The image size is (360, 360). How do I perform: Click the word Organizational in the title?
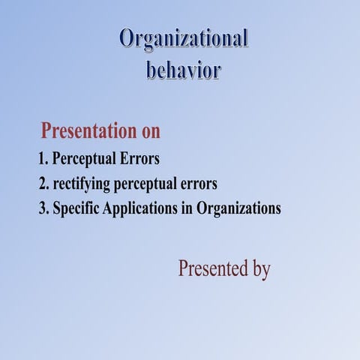pos(184,39)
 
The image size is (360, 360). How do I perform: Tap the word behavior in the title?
pos(183,70)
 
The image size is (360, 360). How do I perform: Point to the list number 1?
pos(43,160)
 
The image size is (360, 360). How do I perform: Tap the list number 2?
pos(43,184)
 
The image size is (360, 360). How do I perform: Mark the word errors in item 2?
pos(198,184)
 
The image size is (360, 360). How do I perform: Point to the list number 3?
pos(43,208)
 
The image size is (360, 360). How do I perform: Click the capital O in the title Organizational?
pos(127,39)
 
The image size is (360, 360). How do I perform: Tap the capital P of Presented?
pos(183,268)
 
